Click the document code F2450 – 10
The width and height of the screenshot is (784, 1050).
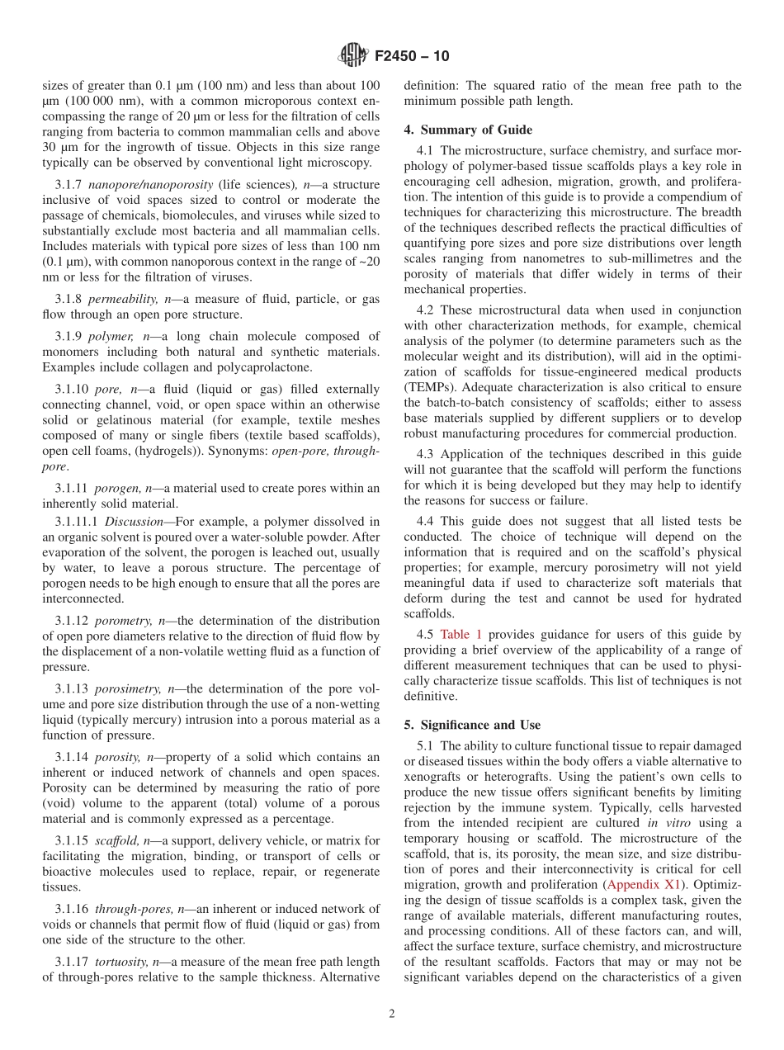pyautogui.click(x=412, y=57)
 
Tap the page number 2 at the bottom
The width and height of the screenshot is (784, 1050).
pyautogui.click(x=392, y=1014)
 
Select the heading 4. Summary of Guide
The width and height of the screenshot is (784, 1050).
pyautogui.click(x=468, y=130)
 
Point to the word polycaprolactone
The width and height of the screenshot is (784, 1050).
pyautogui.click(x=245, y=367)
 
